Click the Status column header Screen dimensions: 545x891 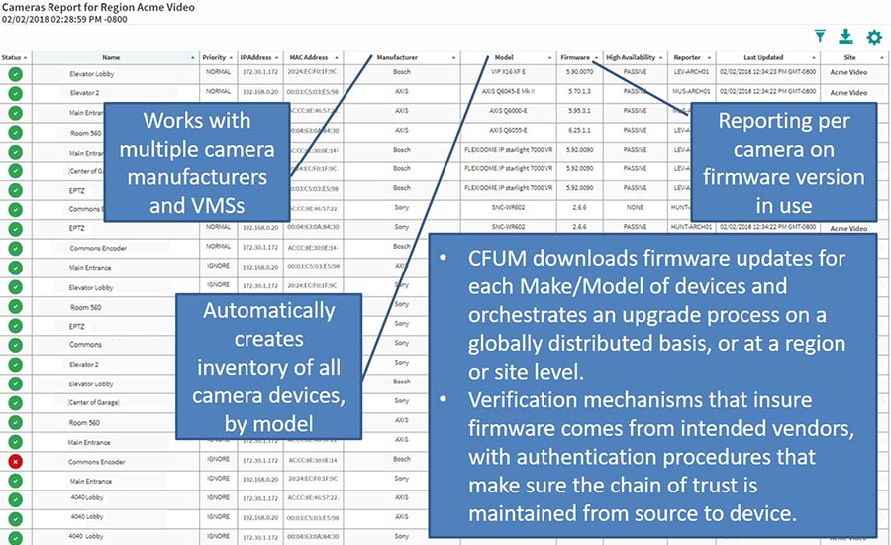click(x=14, y=57)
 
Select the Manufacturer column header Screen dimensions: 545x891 click(x=397, y=57)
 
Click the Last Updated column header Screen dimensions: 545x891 click(x=766, y=57)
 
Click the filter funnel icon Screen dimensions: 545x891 click(x=820, y=37)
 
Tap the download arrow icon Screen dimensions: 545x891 click(x=845, y=37)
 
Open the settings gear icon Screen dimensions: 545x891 click(x=874, y=37)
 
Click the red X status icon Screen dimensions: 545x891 click(x=15, y=461)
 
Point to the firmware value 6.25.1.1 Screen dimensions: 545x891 click(x=579, y=131)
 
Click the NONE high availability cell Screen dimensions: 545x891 click(x=635, y=207)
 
